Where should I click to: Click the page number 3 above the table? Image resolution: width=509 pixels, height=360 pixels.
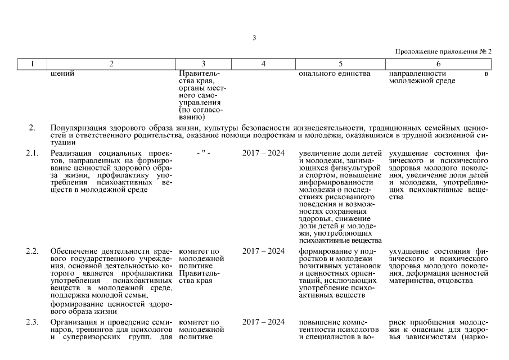(x=254, y=38)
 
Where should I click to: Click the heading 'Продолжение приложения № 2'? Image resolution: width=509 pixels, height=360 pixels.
(x=443, y=51)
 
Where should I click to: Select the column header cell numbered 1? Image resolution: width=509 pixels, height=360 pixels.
(x=31, y=64)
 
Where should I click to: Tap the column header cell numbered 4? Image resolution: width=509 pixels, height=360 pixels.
(x=263, y=64)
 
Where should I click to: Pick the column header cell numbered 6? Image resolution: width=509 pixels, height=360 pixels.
(x=438, y=64)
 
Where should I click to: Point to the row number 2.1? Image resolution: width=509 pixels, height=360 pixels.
(x=32, y=153)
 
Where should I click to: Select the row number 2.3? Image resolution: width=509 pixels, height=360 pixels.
(x=32, y=322)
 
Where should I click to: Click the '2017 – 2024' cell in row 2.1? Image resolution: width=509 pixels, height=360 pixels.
(x=263, y=153)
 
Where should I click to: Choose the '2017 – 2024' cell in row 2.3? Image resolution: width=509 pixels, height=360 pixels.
(x=263, y=322)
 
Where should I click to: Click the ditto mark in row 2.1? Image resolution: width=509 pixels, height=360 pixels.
(x=203, y=153)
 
